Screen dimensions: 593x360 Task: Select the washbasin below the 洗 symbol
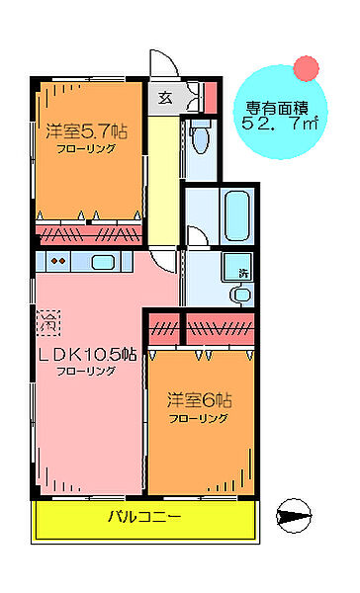[240, 294]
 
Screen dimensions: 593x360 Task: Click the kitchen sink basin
[103, 262]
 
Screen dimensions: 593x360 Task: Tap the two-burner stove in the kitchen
[58, 262]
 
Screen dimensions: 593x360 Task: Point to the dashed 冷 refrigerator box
[47, 318]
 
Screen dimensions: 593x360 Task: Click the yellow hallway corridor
[162, 178]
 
